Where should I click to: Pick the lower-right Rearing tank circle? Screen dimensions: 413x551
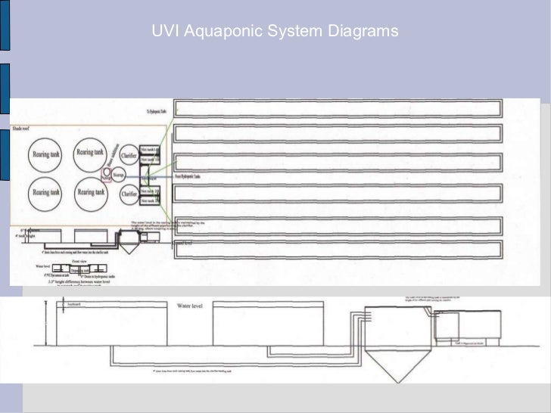[x=90, y=193]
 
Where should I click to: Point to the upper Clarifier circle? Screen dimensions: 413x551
[x=129, y=155]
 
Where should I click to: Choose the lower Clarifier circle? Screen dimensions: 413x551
[x=129, y=194]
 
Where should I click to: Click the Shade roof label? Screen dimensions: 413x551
[x=20, y=128]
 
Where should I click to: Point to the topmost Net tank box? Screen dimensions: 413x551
[x=150, y=150]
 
